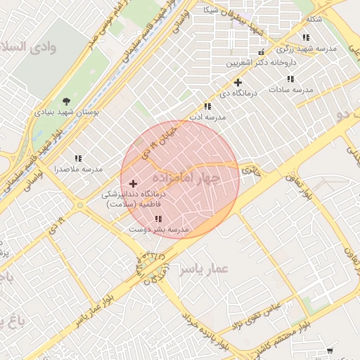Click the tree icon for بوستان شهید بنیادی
click(x=67, y=101)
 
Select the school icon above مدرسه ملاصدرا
click(x=78, y=159)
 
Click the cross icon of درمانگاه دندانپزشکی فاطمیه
click(x=133, y=184)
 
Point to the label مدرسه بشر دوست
click(x=159, y=229)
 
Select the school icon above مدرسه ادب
click(x=207, y=106)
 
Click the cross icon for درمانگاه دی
click(x=238, y=82)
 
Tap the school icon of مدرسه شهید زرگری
click(x=305, y=37)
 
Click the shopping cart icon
click(x=330, y=351)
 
